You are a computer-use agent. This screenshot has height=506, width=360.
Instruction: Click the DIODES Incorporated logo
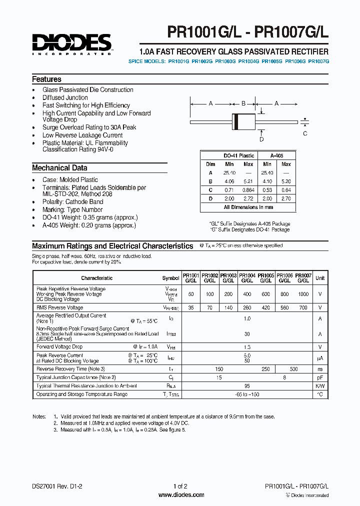click(x=72, y=44)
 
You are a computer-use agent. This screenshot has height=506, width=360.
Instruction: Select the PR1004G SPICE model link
click(x=248, y=61)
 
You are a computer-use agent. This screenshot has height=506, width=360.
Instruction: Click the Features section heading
click(x=46, y=79)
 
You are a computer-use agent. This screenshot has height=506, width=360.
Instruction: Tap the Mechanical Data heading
click(x=59, y=168)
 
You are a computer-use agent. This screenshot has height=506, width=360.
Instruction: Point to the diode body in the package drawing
click(x=243, y=121)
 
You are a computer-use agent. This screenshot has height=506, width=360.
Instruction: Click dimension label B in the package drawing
click(x=243, y=103)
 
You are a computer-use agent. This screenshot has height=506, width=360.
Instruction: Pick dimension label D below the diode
click(x=261, y=139)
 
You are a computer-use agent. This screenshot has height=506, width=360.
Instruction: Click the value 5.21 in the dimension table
click(x=248, y=181)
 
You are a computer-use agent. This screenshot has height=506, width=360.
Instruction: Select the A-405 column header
click(x=276, y=155)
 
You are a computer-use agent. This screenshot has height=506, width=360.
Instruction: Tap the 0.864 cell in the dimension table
click(x=248, y=190)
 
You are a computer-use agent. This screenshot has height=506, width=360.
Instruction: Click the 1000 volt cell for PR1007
click(x=303, y=294)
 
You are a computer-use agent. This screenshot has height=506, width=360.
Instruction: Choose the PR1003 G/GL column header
click(x=228, y=278)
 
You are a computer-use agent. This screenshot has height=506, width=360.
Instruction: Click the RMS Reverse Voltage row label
click(x=59, y=307)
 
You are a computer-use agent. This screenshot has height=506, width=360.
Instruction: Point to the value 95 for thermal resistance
click(x=246, y=386)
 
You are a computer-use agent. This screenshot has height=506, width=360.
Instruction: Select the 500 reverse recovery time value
click(x=294, y=369)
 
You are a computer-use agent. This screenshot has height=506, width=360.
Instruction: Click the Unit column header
click(x=320, y=278)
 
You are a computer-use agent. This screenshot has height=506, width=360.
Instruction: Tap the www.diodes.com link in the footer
click(x=181, y=495)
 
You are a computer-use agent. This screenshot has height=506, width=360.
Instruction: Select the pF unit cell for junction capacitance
click(x=320, y=377)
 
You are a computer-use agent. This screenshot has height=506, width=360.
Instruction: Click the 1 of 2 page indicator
click(x=180, y=486)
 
